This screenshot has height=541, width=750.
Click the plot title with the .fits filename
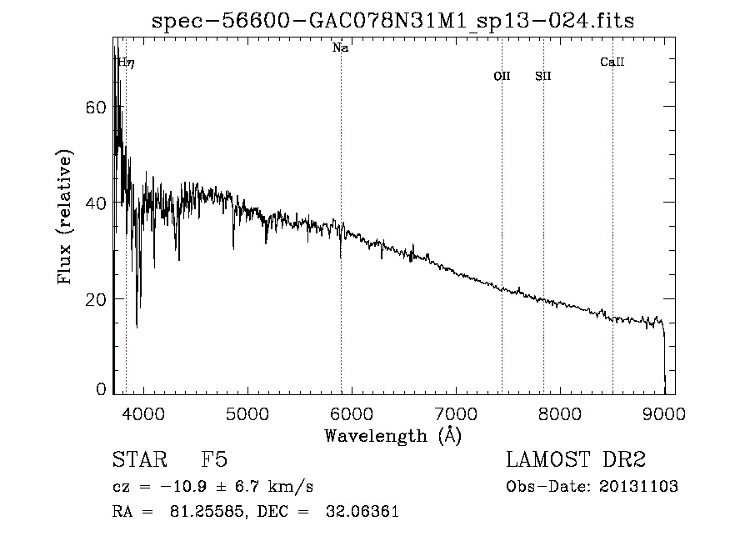pyautogui.click(x=392, y=22)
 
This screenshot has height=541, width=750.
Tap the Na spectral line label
pyautogui.click(x=340, y=48)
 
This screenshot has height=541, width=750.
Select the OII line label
pyautogui.click(x=502, y=76)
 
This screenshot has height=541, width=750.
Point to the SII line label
pyautogui.click(x=543, y=76)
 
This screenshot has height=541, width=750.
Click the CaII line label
pyautogui.click(x=612, y=62)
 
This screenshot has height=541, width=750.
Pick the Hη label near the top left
pyautogui.click(x=125, y=62)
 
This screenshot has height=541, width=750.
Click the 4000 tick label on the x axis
pyautogui.click(x=143, y=413)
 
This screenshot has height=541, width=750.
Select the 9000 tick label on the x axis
pyautogui.click(x=664, y=413)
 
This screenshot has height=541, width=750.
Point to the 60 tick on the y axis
pyautogui.click(x=98, y=108)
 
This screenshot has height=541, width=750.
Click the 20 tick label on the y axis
pyautogui.click(x=98, y=299)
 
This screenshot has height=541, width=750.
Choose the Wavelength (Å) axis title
pyautogui.click(x=392, y=435)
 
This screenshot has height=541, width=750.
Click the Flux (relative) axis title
pyautogui.click(x=66, y=217)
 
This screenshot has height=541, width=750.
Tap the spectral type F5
pyautogui.click(x=214, y=460)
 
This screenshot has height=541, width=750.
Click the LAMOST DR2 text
pyautogui.click(x=576, y=460)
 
